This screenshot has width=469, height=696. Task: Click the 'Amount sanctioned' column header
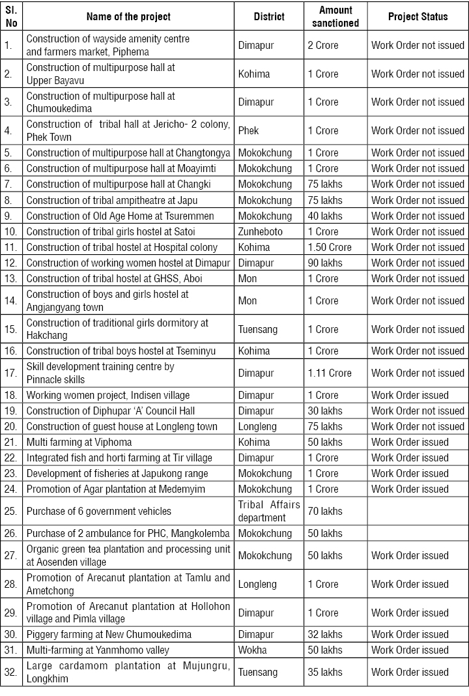click(x=335, y=16)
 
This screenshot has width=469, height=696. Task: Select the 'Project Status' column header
click(x=418, y=16)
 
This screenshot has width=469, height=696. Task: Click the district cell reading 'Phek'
click(x=248, y=130)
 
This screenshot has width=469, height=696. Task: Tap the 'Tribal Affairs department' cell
click(x=269, y=512)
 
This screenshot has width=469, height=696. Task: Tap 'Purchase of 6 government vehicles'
click(x=98, y=512)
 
